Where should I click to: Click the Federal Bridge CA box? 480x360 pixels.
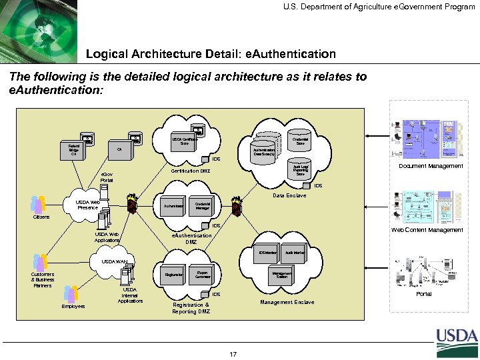click(x=74, y=149)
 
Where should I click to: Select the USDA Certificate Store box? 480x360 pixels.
click(x=181, y=141)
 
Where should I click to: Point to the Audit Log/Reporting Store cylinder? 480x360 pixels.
click(x=301, y=170)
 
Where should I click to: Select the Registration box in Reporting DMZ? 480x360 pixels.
click(x=173, y=274)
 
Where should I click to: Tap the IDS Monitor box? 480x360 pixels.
click(x=267, y=253)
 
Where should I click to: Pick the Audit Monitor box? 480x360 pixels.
click(x=295, y=253)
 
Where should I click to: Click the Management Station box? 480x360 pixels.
click(x=282, y=274)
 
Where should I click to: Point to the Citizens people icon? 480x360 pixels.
click(x=37, y=204)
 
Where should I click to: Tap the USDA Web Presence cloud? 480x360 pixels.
click(x=87, y=205)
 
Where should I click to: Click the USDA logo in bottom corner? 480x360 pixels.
click(x=457, y=343)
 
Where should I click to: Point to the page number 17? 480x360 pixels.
click(x=233, y=354)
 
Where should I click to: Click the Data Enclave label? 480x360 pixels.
click(x=289, y=195)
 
